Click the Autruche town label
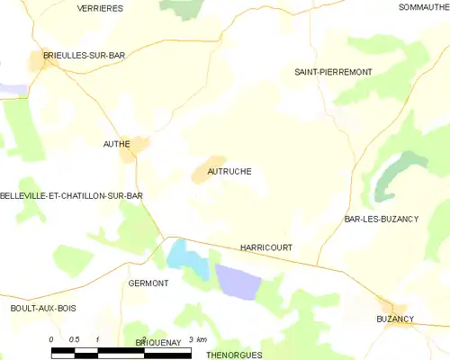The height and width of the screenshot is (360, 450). pyautogui.click(x=229, y=171)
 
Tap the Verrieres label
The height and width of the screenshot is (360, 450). pyautogui.click(x=101, y=7)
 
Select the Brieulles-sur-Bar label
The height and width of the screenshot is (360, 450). pyautogui.click(x=80, y=55)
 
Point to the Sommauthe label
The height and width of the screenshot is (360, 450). pyautogui.click(x=422, y=7)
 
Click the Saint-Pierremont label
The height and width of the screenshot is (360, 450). pyautogui.click(x=329, y=70)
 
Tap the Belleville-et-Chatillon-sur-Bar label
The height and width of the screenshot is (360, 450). pyautogui.click(x=72, y=194)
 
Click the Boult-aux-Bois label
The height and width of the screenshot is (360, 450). pyautogui.click(x=43, y=308)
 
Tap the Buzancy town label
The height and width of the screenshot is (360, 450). pyautogui.click(x=395, y=319)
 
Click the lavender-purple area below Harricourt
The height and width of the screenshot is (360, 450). pyautogui.click(x=238, y=283)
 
